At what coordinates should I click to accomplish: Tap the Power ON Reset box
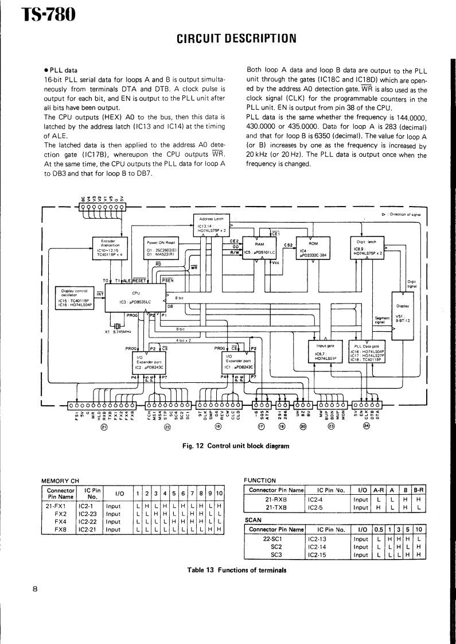coord(162,247)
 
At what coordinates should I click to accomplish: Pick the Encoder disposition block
coord(108,247)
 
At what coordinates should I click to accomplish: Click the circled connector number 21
coord(104,426)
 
